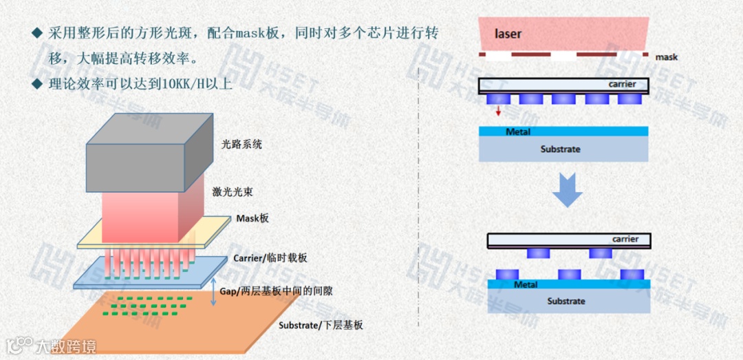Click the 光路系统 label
coord(241,145)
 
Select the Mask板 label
coord(252,218)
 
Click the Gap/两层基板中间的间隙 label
coord(276,291)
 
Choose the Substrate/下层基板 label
coord(321,325)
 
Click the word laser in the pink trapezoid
coord(508,34)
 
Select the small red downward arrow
coord(498,110)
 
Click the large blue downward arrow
coord(568,191)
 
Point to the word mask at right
coord(666,57)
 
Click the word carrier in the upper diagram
coord(622,84)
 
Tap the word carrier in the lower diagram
coord(625,240)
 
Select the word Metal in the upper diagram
coord(518,131)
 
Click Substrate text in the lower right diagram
coord(566,301)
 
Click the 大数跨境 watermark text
coord(67,346)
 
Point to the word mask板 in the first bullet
coord(262,33)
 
